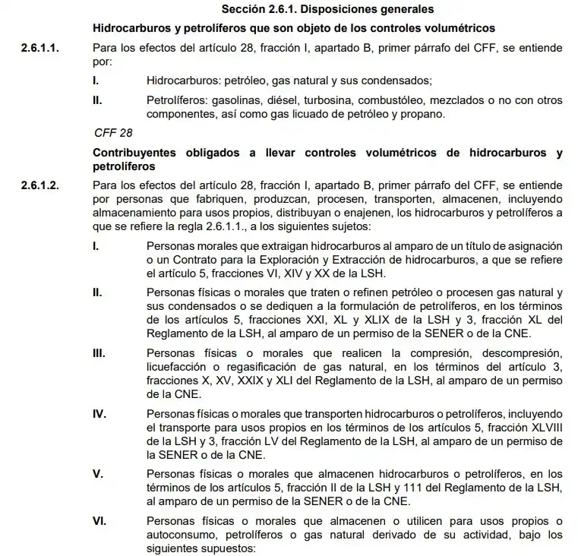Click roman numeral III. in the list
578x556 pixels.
(99, 354)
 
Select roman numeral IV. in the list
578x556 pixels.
(99, 414)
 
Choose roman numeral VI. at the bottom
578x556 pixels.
(99, 521)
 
